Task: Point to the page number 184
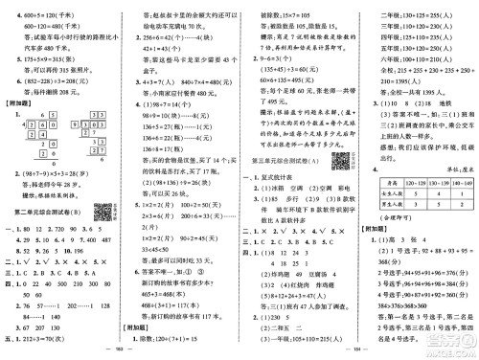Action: tap(359, 350)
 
